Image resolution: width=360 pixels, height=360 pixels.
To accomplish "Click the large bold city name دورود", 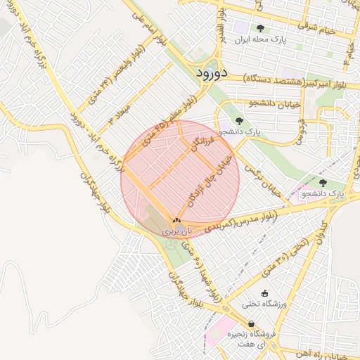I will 210,72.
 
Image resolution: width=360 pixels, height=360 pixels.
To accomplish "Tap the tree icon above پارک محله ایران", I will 261,30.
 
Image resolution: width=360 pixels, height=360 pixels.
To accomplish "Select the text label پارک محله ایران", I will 262,41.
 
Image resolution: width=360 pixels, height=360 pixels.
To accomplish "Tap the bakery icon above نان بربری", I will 176,220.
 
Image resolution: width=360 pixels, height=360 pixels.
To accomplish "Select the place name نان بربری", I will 176,231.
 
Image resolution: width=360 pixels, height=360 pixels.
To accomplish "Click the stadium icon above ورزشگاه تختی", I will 264,294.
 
